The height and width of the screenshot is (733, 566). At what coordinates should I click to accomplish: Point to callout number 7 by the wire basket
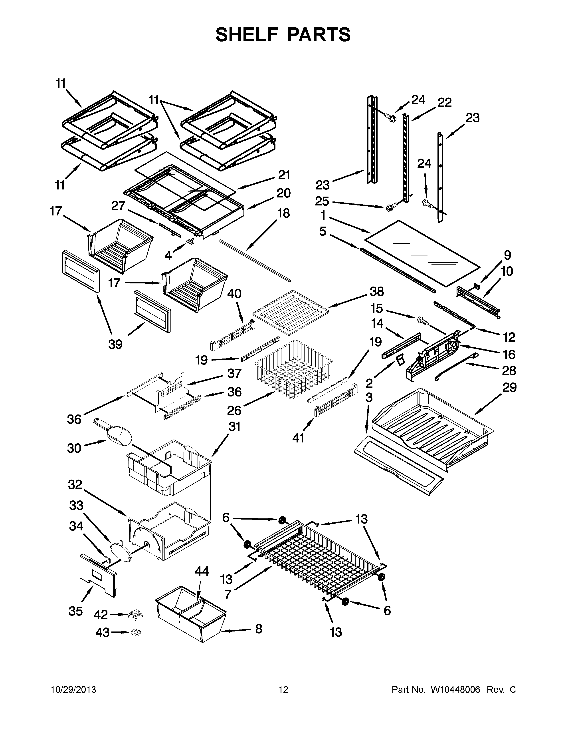tap(228, 594)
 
